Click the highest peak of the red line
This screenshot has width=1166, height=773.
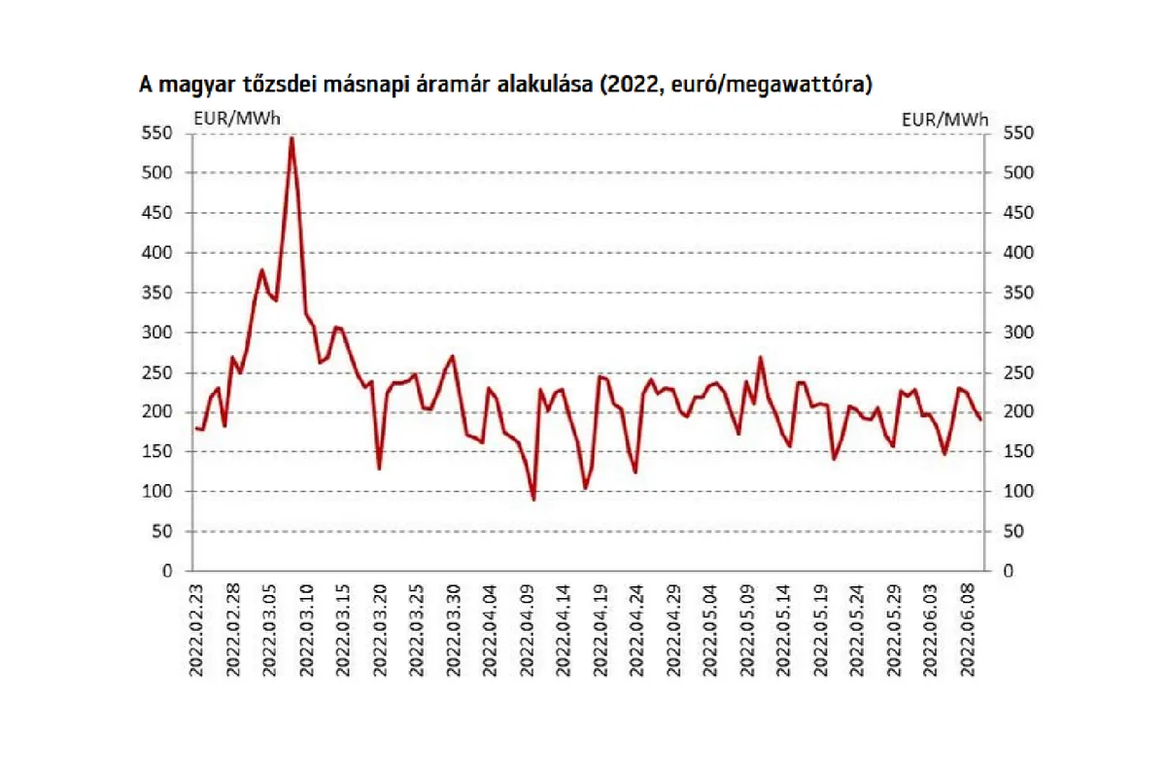click(x=291, y=138)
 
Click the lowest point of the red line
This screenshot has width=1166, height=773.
click(x=533, y=499)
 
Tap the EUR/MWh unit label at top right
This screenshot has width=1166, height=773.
click(x=944, y=120)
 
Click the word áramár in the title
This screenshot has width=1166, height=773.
click(x=454, y=85)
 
